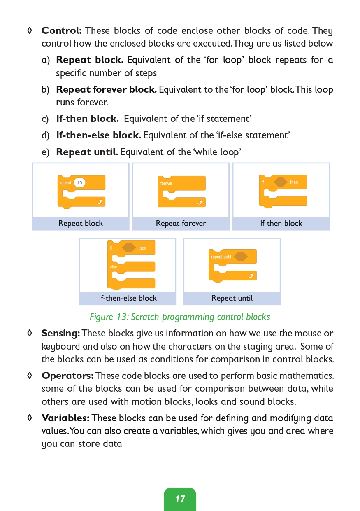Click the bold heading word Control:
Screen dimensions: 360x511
pos(61,30)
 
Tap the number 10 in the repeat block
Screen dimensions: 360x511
pos(79,183)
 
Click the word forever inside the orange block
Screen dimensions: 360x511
pos(166,183)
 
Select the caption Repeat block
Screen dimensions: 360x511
pos(81,223)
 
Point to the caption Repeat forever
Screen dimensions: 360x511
pos(181,223)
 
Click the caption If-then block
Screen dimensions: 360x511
pos(281,223)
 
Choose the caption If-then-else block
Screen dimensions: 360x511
pos(128,298)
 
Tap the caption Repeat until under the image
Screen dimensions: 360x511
pos(232,298)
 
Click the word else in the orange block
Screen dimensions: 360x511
pos(113,267)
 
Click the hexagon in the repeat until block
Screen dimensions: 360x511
pos(241,257)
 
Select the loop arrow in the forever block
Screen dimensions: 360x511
pos(200,202)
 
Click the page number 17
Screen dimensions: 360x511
pos(180,499)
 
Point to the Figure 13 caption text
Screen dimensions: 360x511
pos(180,317)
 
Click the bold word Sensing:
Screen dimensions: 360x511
pos(60,334)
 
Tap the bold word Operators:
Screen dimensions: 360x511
pos(67,376)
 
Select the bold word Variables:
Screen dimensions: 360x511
pos(65,418)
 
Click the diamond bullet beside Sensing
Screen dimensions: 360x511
pos(29,333)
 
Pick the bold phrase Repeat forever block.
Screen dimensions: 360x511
pos(106,89)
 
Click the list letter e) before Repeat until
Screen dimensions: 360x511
pos(45,152)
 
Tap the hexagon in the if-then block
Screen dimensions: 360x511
pos(281,182)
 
